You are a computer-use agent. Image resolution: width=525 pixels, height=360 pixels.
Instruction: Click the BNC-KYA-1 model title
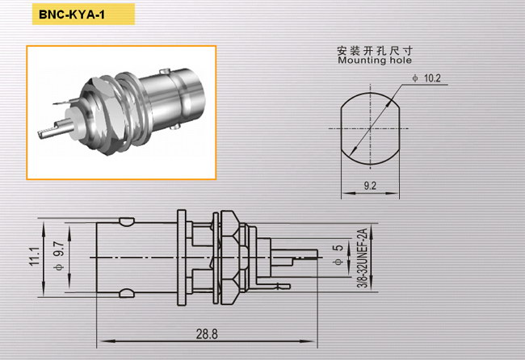click(x=72, y=15)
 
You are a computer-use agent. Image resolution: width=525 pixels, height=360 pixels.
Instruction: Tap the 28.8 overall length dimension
click(x=207, y=334)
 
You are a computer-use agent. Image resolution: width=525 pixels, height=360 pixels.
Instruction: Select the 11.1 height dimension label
click(x=35, y=257)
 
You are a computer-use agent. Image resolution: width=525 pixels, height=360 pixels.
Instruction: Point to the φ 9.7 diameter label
click(x=59, y=256)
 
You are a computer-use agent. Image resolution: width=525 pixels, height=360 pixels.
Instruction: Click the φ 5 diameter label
click(x=338, y=254)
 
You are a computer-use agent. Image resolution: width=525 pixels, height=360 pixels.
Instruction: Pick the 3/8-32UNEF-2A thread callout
click(x=363, y=257)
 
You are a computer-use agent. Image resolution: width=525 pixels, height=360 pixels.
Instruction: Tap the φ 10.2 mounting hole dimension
click(x=426, y=78)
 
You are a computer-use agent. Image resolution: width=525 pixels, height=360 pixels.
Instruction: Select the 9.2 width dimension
click(x=370, y=186)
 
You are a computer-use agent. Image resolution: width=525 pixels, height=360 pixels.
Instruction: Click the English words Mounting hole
click(x=375, y=61)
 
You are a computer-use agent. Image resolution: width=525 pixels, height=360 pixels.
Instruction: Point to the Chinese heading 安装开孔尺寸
click(x=375, y=51)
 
